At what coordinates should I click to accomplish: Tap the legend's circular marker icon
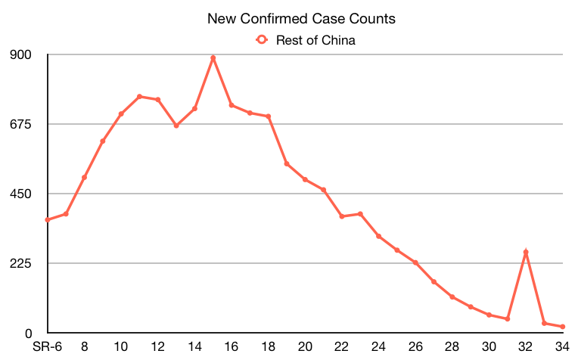tap(262, 40)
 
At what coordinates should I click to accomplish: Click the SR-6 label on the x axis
tap(47, 347)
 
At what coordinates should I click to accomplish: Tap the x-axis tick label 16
tap(232, 347)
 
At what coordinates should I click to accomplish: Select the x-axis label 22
tap(342, 347)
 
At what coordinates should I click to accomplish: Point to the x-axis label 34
tap(562, 347)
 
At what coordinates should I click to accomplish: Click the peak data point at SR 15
tap(213, 57)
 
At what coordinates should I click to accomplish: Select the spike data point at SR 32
tap(526, 252)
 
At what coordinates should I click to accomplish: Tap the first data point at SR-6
tap(48, 220)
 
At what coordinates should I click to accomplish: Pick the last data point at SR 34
tap(563, 327)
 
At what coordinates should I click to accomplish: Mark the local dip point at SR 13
tap(176, 126)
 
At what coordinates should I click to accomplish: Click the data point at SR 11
tap(140, 97)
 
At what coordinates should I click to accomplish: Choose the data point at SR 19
tap(287, 163)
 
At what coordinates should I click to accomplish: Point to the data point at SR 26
tap(415, 262)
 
